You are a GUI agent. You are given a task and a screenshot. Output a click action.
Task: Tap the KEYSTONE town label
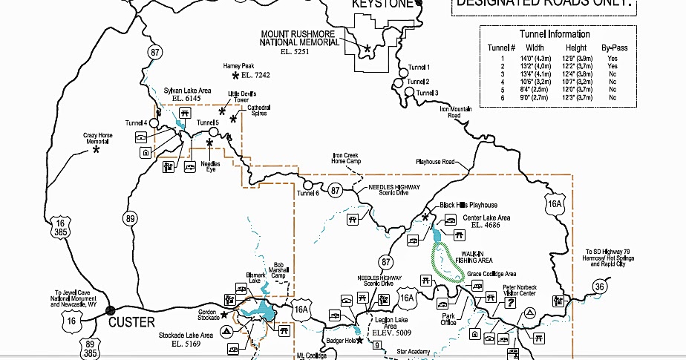(381, 4)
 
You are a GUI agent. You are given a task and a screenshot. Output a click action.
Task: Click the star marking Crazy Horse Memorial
(96, 150)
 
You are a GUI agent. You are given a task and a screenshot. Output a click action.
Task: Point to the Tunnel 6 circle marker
(308, 185)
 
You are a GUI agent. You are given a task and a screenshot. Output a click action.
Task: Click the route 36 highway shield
(600, 287)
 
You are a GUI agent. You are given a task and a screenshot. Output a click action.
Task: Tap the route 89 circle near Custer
(131, 218)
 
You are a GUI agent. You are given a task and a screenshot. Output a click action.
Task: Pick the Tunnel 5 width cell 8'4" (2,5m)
(535, 88)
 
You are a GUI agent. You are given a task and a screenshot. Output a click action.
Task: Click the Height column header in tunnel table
(576, 48)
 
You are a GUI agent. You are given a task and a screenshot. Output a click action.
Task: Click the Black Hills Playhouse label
(468, 205)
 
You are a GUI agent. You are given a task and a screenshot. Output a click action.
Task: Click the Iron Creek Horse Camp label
(347, 158)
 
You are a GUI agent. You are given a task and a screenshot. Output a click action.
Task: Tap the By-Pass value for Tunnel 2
(614, 66)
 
